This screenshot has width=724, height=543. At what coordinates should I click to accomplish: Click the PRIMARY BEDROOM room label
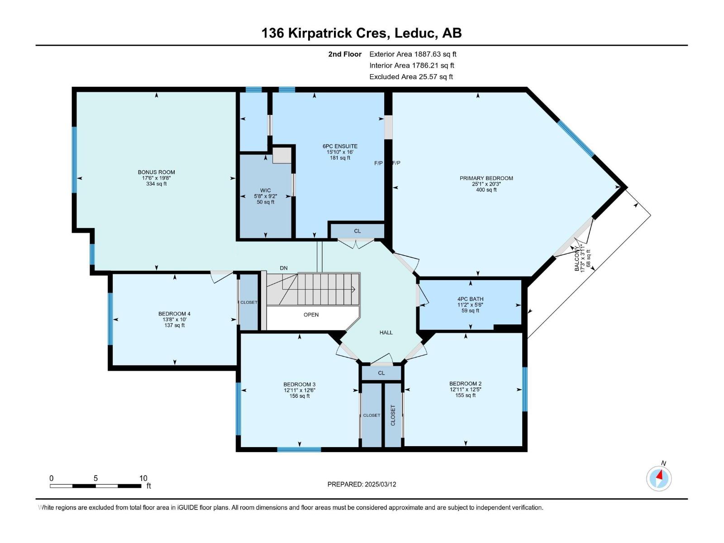[x=486, y=178]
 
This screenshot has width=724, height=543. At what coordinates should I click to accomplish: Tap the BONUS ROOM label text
[x=157, y=172]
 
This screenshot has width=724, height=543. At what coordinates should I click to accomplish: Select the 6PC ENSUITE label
[x=340, y=146]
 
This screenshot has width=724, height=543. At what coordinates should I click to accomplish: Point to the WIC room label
[x=265, y=190]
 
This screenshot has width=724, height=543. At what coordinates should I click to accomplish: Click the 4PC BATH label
[x=470, y=299]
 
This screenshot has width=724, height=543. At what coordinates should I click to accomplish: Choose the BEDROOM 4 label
[x=174, y=314]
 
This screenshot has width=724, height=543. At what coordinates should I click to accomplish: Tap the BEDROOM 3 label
[x=299, y=385]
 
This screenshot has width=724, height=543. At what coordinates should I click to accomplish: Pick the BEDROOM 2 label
[x=465, y=384]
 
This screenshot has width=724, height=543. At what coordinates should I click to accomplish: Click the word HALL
[x=386, y=332]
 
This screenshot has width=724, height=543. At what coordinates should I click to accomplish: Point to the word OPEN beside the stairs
[x=311, y=314]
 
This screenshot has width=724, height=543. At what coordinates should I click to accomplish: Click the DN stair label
[x=284, y=268]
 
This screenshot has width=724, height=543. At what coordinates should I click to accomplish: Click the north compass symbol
[x=659, y=478]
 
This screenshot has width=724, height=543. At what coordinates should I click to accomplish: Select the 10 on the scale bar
[x=143, y=478]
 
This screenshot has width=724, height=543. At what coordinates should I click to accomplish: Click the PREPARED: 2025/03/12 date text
[x=362, y=484]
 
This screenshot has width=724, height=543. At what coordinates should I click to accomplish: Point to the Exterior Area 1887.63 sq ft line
[x=413, y=54]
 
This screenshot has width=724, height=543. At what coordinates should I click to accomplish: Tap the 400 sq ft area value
[x=486, y=190]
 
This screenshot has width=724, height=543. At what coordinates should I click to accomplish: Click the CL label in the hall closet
[x=357, y=231]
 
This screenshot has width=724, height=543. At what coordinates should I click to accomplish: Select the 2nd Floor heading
[x=345, y=54]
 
